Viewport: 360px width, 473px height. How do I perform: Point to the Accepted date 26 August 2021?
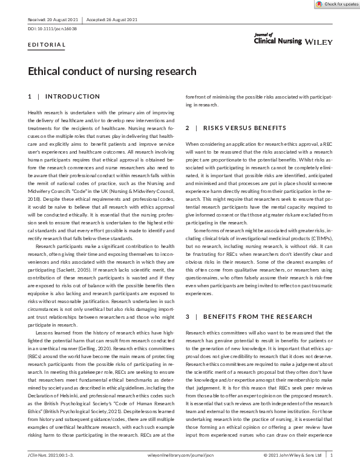[119, 20]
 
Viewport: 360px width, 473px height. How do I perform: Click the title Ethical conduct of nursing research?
[112, 71]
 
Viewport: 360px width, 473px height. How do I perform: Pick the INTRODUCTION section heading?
[73, 97]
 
